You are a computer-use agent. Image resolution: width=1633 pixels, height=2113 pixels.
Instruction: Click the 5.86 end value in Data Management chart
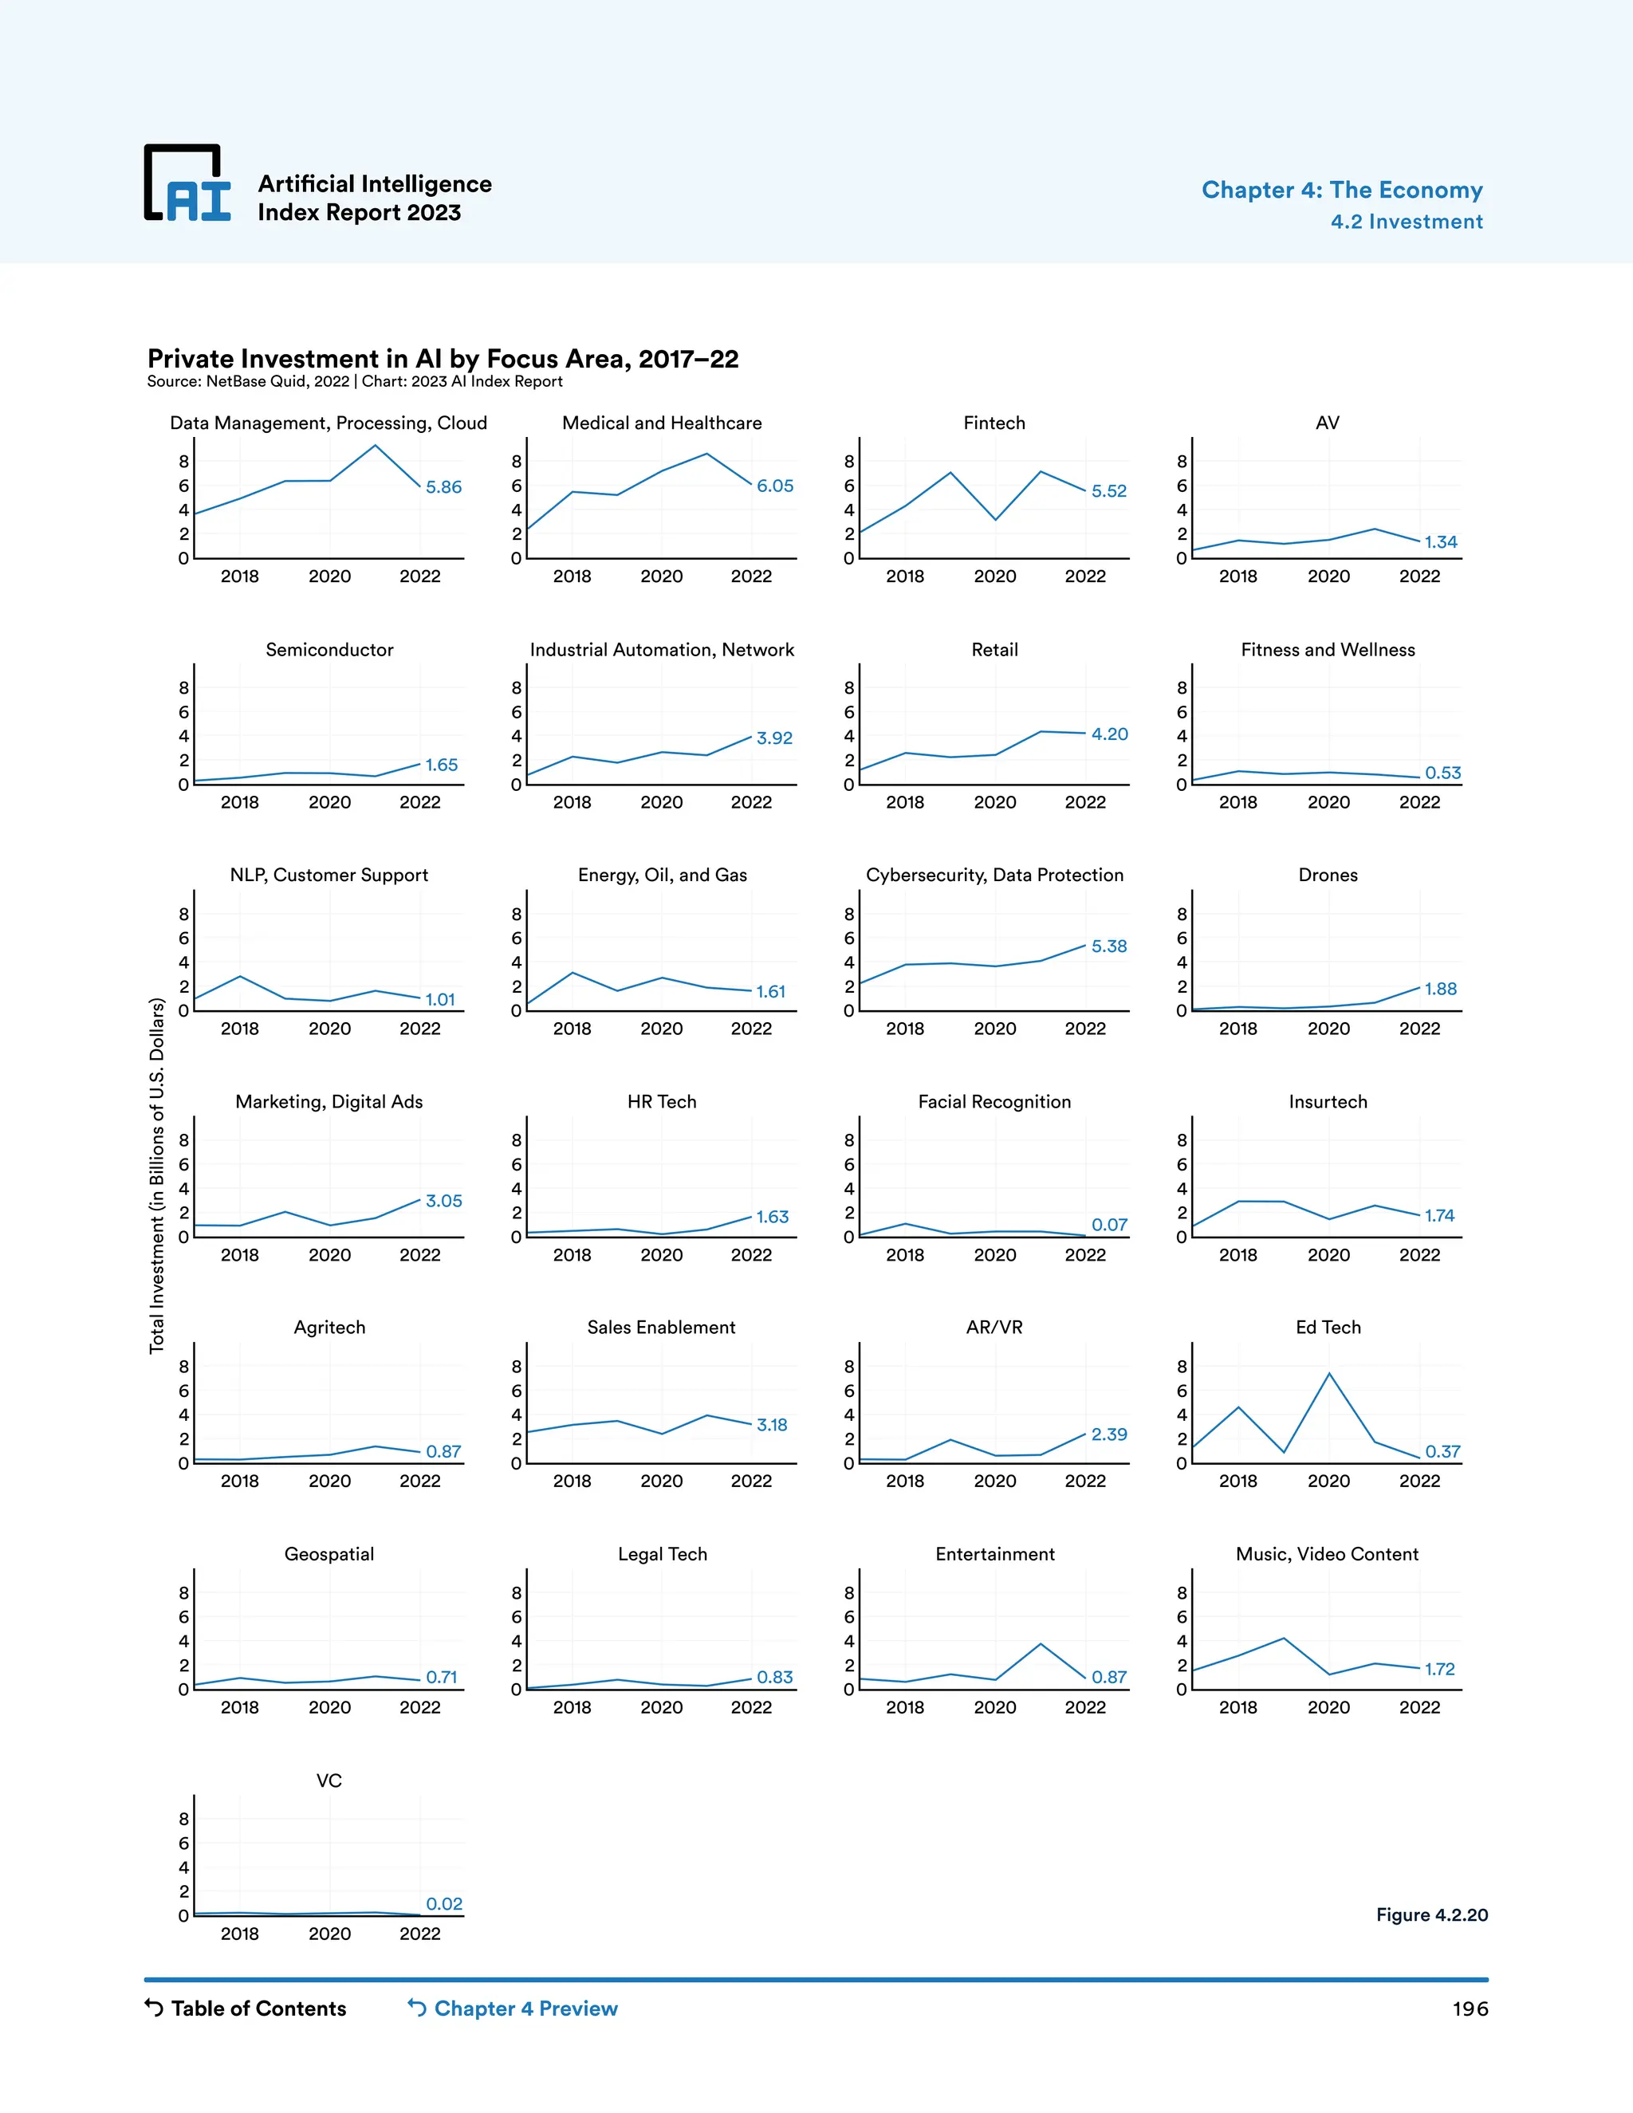coord(443,486)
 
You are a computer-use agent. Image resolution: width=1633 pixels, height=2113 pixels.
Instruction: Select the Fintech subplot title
coord(994,423)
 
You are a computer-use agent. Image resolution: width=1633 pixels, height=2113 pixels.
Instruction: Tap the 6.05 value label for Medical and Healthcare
coord(774,486)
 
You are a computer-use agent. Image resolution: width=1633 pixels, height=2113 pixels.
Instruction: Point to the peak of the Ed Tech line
coord(1329,1373)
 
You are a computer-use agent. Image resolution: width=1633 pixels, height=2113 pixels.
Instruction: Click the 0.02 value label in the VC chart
coord(444,1903)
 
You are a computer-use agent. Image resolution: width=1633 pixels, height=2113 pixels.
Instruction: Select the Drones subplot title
coord(1328,875)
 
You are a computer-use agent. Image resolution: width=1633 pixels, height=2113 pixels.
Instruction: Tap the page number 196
coord(1469,2009)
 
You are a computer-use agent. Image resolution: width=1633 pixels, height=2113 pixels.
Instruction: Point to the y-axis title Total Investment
coord(157,1175)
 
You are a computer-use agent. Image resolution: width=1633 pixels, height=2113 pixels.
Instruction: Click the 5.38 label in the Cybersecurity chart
coord(1108,946)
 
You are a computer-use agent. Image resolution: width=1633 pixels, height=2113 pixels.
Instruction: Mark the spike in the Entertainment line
coord(1040,1644)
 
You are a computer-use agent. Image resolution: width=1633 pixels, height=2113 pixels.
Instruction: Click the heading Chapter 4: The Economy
coord(1341,190)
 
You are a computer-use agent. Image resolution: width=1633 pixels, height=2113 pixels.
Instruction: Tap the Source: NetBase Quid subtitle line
coord(354,381)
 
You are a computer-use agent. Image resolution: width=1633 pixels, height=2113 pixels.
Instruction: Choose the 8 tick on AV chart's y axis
coord(1181,462)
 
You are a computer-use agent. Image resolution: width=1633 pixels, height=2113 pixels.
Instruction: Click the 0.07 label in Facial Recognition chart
coord(1108,1225)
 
